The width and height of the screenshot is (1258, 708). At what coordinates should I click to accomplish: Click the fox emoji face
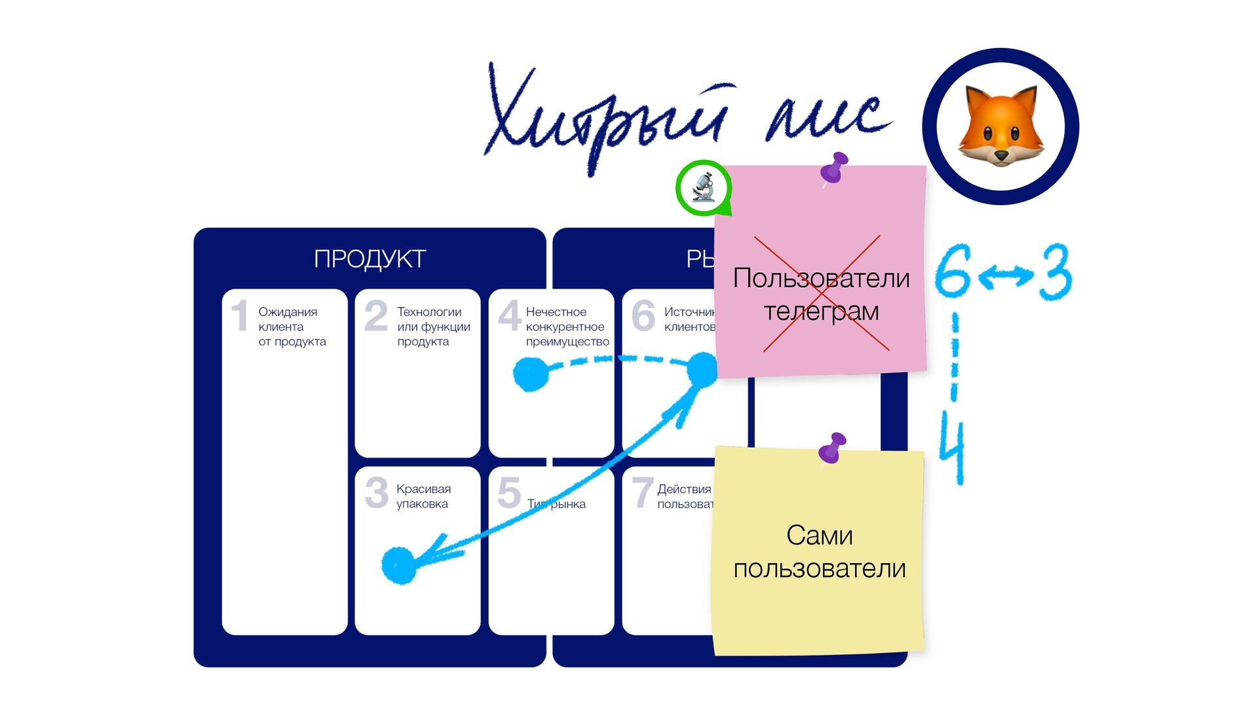pyautogui.click(x=1001, y=126)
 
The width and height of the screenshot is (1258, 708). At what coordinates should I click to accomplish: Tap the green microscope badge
pyautogui.click(x=703, y=187)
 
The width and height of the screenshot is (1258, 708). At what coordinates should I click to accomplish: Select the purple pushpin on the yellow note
pyautogui.click(x=833, y=448)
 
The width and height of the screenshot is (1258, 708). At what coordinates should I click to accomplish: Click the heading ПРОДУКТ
pyautogui.click(x=370, y=259)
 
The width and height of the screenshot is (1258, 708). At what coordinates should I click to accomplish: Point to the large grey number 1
pyautogui.click(x=240, y=315)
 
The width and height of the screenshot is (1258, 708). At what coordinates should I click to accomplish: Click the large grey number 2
pyautogui.click(x=376, y=315)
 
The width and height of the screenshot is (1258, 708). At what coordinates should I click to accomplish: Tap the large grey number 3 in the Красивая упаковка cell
pyautogui.click(x=376, y=493)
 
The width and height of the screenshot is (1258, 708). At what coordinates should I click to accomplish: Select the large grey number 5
pyautogui.click(x=509, y=493)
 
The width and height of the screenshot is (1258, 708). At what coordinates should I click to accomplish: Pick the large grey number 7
pyautogui.click(x=642, y=493)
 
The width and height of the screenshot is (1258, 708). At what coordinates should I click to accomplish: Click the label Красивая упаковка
pyautogui.click(x=423, y=496)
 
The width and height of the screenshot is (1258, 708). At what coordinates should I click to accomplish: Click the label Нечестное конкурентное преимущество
pyautogui.click(x=567, y=326)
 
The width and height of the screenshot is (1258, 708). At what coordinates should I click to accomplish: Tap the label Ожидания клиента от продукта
pyautogui.click(x=292, y=326)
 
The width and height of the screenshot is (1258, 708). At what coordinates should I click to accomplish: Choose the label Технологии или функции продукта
pyautogui.click(x=433, y=326)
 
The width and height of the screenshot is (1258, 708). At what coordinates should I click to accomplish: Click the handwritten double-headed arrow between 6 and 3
pyautogui.click(x=1006, y=276)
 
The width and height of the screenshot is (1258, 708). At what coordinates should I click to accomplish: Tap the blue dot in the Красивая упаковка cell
pyautogui.click(x=399, y=565)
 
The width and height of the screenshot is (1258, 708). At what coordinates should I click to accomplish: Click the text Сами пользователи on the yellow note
pyautogui.click(x=819, y=552)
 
